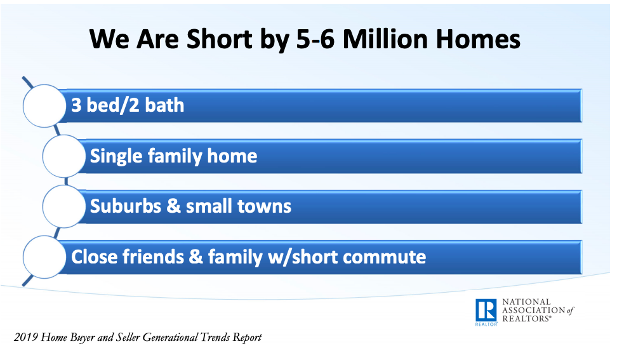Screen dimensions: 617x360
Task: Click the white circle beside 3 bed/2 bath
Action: pos(44,106)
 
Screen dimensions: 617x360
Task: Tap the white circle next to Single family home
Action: pos(63,156)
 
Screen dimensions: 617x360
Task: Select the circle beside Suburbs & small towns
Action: pos(63,206)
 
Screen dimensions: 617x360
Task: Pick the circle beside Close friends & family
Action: pos(44,257)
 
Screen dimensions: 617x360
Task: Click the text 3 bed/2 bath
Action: pos(128,105)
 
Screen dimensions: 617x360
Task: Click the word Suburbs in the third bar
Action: pos(126,206)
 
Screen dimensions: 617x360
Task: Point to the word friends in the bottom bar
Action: pos(153,257)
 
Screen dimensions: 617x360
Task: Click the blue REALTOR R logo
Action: pos(486,311)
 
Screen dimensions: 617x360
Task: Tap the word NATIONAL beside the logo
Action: pos(526,302)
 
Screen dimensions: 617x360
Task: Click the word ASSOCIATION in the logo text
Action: pos(534,310)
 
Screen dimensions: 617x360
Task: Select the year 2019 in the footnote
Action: pos(25,338)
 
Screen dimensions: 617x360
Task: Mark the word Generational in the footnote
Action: pos(170,338)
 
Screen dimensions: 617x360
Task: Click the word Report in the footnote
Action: pos(247,338)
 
